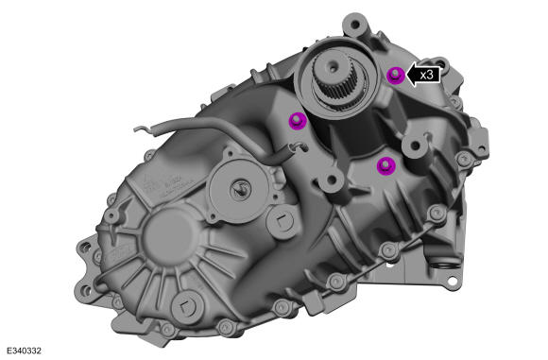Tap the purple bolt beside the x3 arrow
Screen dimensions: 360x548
(397, 75)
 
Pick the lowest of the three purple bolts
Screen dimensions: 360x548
(385, 165)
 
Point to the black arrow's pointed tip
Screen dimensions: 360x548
(408, 75)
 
